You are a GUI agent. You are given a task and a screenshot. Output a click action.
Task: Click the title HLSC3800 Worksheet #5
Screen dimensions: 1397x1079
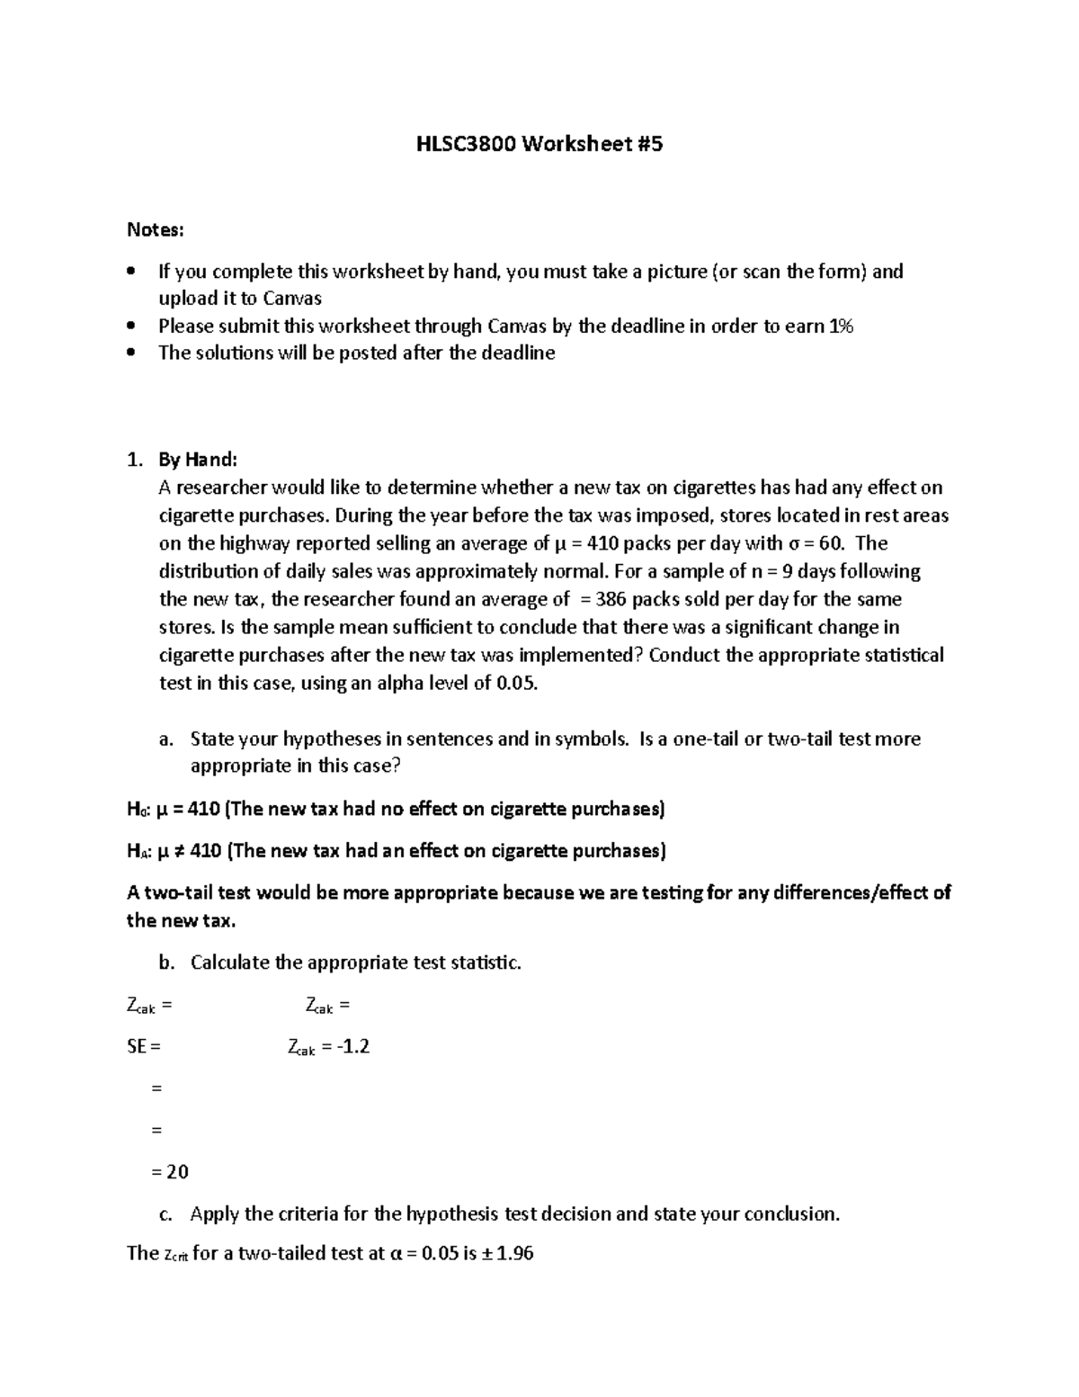pyautogui.click(x=539, y=143)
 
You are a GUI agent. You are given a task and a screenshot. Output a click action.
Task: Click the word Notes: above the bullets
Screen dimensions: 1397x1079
pyautogui.click(x=156, y=230)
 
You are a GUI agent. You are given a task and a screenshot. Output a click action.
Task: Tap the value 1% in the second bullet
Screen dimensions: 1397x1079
pyautogui.click(x=840, y=326)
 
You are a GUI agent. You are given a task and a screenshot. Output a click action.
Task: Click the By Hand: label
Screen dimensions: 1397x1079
pyautogui.click(x=198, y=460)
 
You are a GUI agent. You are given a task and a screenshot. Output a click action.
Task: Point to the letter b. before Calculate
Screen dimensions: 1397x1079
pyautogui.click(x=166, y=963)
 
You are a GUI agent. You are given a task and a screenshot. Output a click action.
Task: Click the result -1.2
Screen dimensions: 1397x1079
pyautogui.click(x=352, y=1046)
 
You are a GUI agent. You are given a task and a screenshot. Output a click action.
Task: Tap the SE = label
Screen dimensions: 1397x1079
pyautogui.click(x=144, y=1046)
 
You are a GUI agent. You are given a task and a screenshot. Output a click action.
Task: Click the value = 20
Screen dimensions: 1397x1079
pyautogui.click(x=170, y=1171)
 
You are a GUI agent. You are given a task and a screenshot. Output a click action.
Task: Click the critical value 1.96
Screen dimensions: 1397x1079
pyautogui.click(x=514, y=1253)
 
